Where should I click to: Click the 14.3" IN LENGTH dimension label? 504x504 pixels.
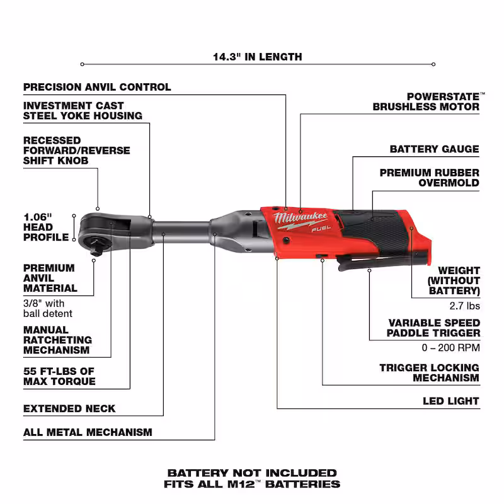pyautogui.click(x=258, y=57)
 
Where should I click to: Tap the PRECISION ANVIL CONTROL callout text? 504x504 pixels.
pyautogui.click(x=97, y=87)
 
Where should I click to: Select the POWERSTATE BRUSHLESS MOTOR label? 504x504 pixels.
pyautogui.click(x=428, y=101)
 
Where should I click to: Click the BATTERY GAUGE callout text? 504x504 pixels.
pyautogui.click(x=434, y=149)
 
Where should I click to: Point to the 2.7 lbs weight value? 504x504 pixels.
pyautogui.click(x=464, y=306)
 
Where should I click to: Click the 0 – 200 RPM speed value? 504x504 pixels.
pyautogui.click(x=450, y=348)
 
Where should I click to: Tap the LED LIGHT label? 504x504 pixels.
pyautogui.click(x=451, y=401)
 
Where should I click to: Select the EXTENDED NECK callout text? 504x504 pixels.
pyautogui.click(x=69, y=408)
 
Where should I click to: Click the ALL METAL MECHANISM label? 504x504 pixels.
pyautogui.click(x=88, y=432)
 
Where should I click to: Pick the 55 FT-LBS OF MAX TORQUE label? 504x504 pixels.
pyautogui.click(x=59, y=376)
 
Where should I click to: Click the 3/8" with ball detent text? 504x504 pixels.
pyautogui.click(x=48, y=309)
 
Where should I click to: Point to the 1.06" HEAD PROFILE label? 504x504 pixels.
pyautogui.click(x=46, y=227)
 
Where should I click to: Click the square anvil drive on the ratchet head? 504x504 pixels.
pyautogui.click(x=96, y=247)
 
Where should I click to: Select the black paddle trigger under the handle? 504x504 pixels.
pyautogui.click(x=382, y=261)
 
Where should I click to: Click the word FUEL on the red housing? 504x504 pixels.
pyautogui.click(x=321, y=229)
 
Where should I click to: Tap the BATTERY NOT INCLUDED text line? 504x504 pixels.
pyautogui.click(x=252, y=473)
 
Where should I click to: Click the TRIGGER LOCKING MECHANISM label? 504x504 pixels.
pyautogui.click(x=430, y=372)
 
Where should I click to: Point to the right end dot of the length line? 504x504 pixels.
pyautogui.click(x=433, y=64)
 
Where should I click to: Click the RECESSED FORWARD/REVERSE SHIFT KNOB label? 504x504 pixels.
pyautogui.click(x=76, y=151)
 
